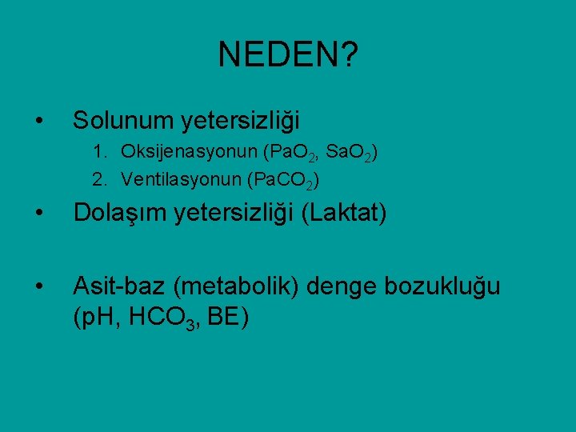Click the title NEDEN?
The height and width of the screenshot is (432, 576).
[288, 55]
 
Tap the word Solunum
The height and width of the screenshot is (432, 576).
[124, 121]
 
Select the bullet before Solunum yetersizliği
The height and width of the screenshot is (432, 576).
[38, 122]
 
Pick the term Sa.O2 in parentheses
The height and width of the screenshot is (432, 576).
[345, 153]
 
